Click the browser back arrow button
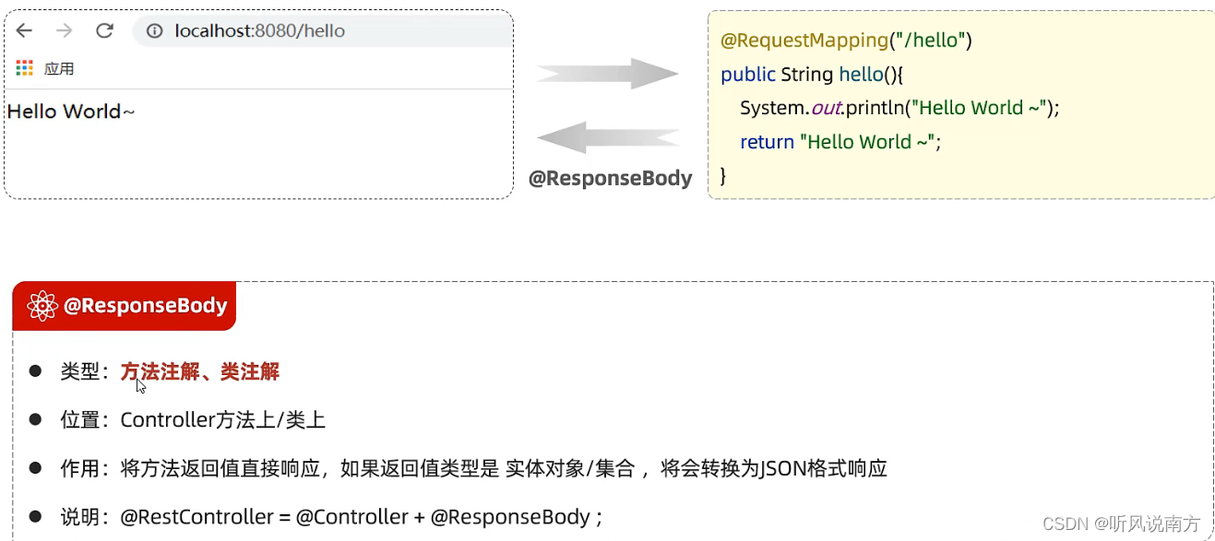pyautogui.click(x=24, y=30)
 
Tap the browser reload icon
pyautogui.click(x=104, y=30)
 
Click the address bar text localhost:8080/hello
pyautogui.click(x=259, y=31)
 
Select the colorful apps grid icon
pyautogui.click(x=25, y=68)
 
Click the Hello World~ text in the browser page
pyautogui.click(x=71, y=112)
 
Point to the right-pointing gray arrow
pyautogui.click(x=607, y=73)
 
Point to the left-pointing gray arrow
pyautogui.click(x=607, y=138)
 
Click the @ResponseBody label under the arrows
pyautogui.click(x=610, y=178)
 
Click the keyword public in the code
pyautogui.click(x=747, y=74)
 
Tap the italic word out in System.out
pyautogui.click(x=826, y=108)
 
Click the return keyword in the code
pyautogui.click(x=767, y=142)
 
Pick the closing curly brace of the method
pyautogui.click(x=723, y=175)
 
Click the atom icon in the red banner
pyautogui.click(x=42, y=306)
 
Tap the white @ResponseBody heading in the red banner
pyautogui.click(x=145, y=306)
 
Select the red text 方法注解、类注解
pyautogui.click(x=199, y=371)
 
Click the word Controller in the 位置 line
pyautogui.click(x=167, y=420)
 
